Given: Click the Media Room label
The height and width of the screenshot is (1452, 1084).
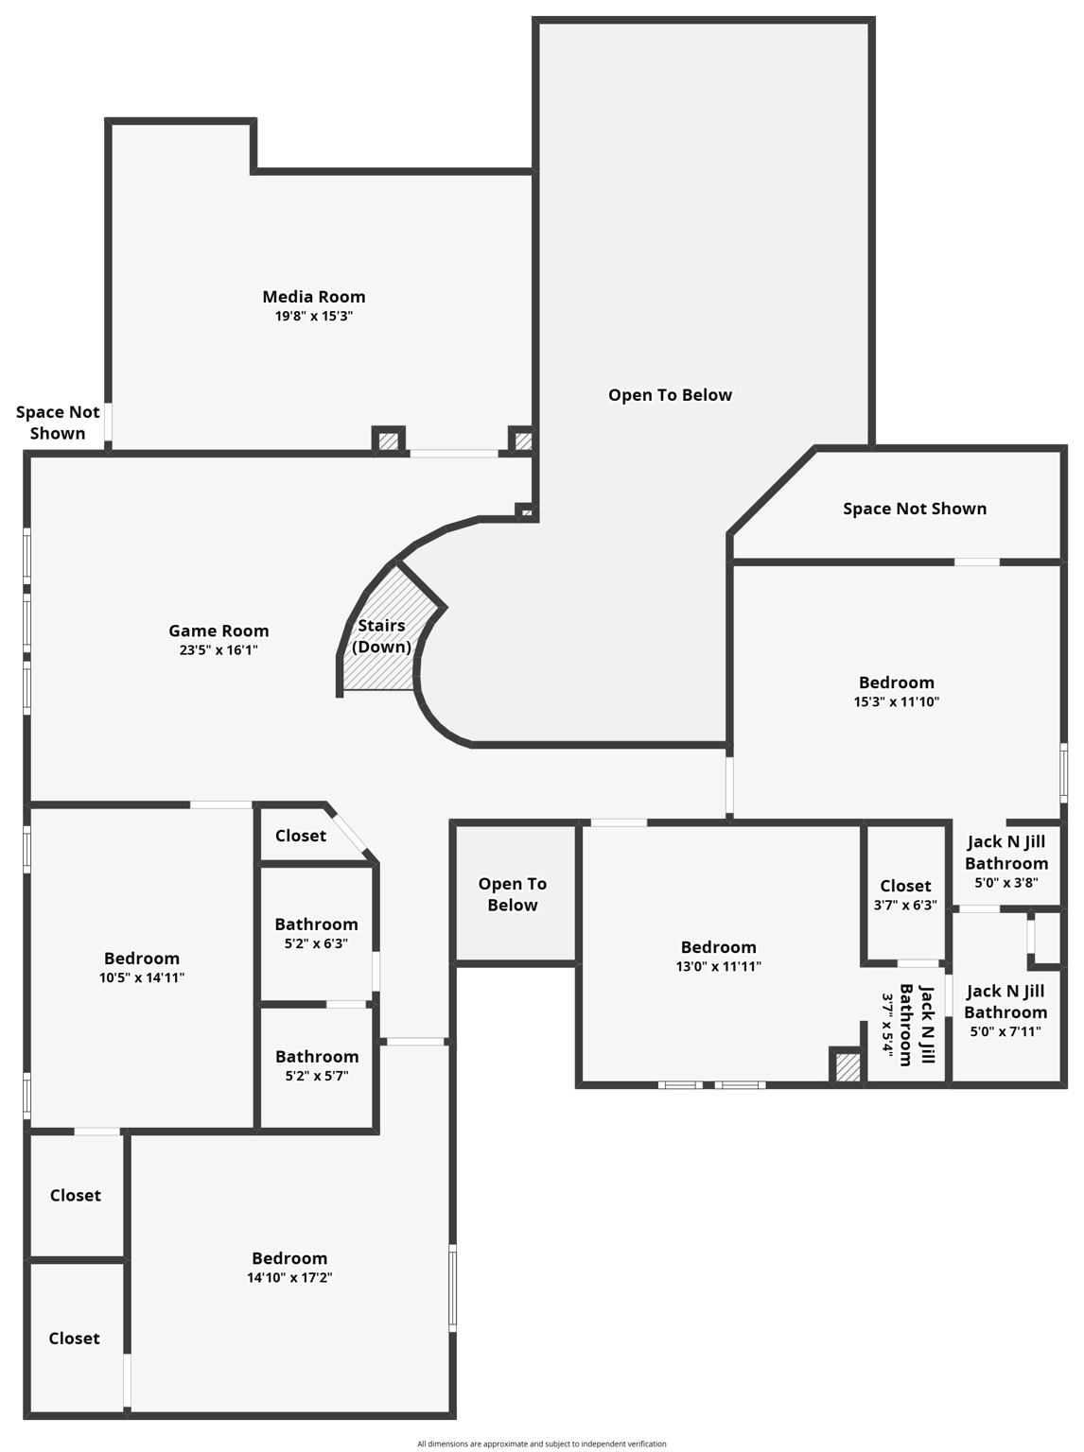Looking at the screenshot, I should tap(314, 297).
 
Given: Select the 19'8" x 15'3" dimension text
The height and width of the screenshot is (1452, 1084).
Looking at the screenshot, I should tap(314, 317).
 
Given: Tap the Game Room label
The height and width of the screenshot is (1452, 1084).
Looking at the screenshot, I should tap(219, 631).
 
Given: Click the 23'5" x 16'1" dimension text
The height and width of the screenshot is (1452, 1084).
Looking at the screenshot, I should tap(219, 650).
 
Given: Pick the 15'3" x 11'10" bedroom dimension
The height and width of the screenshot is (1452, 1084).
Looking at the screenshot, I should tap(896, 702).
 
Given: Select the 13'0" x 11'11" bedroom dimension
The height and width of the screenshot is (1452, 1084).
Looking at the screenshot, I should tap(718, 967).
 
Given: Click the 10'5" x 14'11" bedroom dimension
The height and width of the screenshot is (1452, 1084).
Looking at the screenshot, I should tap(142, 978).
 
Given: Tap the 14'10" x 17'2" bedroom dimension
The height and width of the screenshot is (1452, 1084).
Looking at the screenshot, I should tap(289, 1278).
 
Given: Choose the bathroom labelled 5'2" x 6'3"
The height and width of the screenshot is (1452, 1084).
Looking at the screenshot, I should tap(316, 933).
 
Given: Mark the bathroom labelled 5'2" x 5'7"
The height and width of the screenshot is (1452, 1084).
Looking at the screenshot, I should tap(317, 1065).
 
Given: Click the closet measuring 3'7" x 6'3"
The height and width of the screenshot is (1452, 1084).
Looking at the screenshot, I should tap(905, 894).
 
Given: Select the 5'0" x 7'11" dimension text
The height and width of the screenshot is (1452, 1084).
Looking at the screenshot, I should tap(1005, 1032).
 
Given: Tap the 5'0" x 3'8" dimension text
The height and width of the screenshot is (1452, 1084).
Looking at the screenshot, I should tap(1006, 883).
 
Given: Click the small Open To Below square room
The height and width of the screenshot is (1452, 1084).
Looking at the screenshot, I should tap(513, 894).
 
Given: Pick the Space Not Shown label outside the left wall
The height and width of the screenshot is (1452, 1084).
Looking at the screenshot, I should tap(58, 423).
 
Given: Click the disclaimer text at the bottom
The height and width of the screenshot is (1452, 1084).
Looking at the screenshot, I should tap(541, 1443).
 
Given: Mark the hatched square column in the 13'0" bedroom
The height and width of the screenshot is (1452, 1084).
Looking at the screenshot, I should tap(848, 1067).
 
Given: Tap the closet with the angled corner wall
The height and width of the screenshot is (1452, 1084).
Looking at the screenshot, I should tap(301, 836).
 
